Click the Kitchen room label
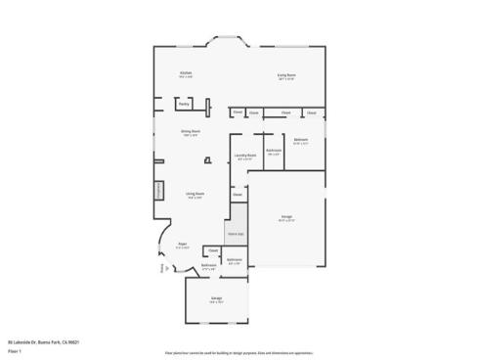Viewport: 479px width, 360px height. (x=185, y=74)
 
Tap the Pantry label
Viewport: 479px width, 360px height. (x=184, y=102)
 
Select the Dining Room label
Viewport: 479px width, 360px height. (x=190, y=132)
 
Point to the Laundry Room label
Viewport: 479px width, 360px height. (x=244, y=155)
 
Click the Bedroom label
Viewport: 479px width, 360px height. (x=300, y=141)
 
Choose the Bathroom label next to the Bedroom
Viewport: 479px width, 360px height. (x=274, y=152)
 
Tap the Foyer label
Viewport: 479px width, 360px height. (x=182, y=245)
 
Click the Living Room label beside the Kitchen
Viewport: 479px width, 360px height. (x=286, y=74)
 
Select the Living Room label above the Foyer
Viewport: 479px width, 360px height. (x=196, y=194)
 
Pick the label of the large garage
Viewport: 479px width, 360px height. (x=286, y=216)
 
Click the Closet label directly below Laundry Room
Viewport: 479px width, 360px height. (x=238, y=194)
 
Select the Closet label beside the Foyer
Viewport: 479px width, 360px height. (x=212, y=251)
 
